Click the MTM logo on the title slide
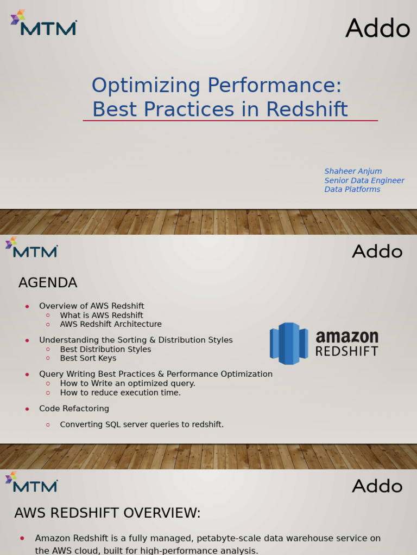coord(43,23)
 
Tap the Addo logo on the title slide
coord(377,28)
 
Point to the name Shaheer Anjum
coord(353,171)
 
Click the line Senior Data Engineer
coord(364,180)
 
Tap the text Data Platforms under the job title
coord(352,189)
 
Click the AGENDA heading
coord(48,283)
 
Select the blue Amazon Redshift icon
coord(288,344)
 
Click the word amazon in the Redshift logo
coord(347,337)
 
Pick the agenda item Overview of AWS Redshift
coord(92,306)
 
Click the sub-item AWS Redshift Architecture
coord(111,324)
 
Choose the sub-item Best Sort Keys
coord(88,358)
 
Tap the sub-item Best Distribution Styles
coord(105,350)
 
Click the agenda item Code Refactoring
coord(74,409)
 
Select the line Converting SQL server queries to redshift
coord(142,424)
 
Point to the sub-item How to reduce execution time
coord(121,392)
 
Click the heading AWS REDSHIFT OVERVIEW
coord(108,513)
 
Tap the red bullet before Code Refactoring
coord(27,409)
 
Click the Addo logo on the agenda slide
coord(377,252)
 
